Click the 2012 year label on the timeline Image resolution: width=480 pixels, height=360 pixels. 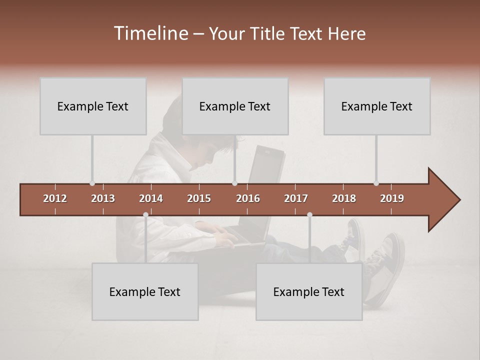click(x=55, y=198)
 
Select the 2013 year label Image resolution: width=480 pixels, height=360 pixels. click(x=103, y=198)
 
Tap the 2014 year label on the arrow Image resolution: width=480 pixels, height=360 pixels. click(x=151, y=198)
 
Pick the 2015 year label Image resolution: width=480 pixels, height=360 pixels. click(x=199, y=198)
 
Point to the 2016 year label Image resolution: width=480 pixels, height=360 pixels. click(x=248, y=198)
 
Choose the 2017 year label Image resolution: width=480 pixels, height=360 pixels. click(x=296, y=198)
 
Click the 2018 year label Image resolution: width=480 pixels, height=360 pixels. click(x=344, y=198)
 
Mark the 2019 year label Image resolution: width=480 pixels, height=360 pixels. click(x=392, y=198)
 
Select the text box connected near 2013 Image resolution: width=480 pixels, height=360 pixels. click(x=93, y=106)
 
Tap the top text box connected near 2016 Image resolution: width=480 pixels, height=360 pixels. click(x=235, y=106)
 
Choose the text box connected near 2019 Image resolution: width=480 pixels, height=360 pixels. click(x=377, y=106)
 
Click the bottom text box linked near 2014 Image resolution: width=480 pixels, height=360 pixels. click(x=145, y=291)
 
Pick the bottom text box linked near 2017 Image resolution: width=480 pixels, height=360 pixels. click(x=309, y=291)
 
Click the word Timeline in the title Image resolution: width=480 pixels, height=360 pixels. click(x=150, y=33)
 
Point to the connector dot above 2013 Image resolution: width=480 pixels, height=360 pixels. click(x=92, y=183)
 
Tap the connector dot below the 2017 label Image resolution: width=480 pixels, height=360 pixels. click(x=309, y=214)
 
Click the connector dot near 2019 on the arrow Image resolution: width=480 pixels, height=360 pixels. click(x=376, y=183)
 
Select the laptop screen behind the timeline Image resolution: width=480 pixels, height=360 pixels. click(x=265, y=165)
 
